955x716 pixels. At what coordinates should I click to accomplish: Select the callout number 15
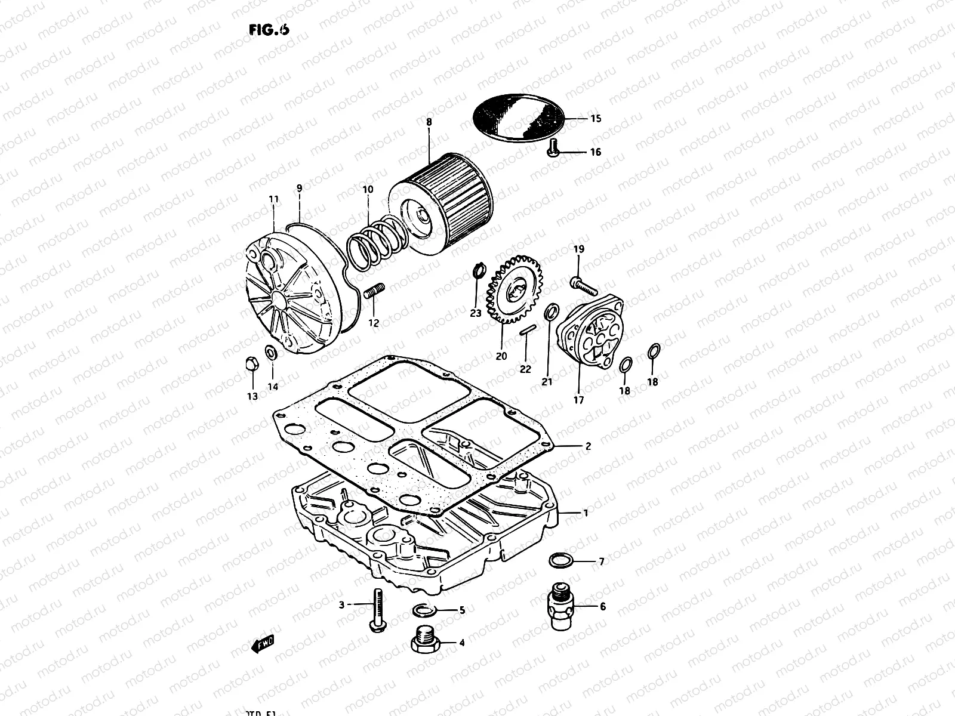click(595, 119)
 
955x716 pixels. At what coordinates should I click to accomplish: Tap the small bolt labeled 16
click(552, 147)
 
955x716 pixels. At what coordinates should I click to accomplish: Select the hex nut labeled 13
click(251, 365)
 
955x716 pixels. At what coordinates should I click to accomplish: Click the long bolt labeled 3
click(377, 609)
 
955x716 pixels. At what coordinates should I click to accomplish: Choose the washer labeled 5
click(423, 610)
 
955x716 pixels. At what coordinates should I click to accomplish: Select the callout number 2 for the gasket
click(588, 446)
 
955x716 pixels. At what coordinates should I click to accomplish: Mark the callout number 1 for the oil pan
click(586, 513)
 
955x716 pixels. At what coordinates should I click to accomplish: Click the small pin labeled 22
click(527, 332)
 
